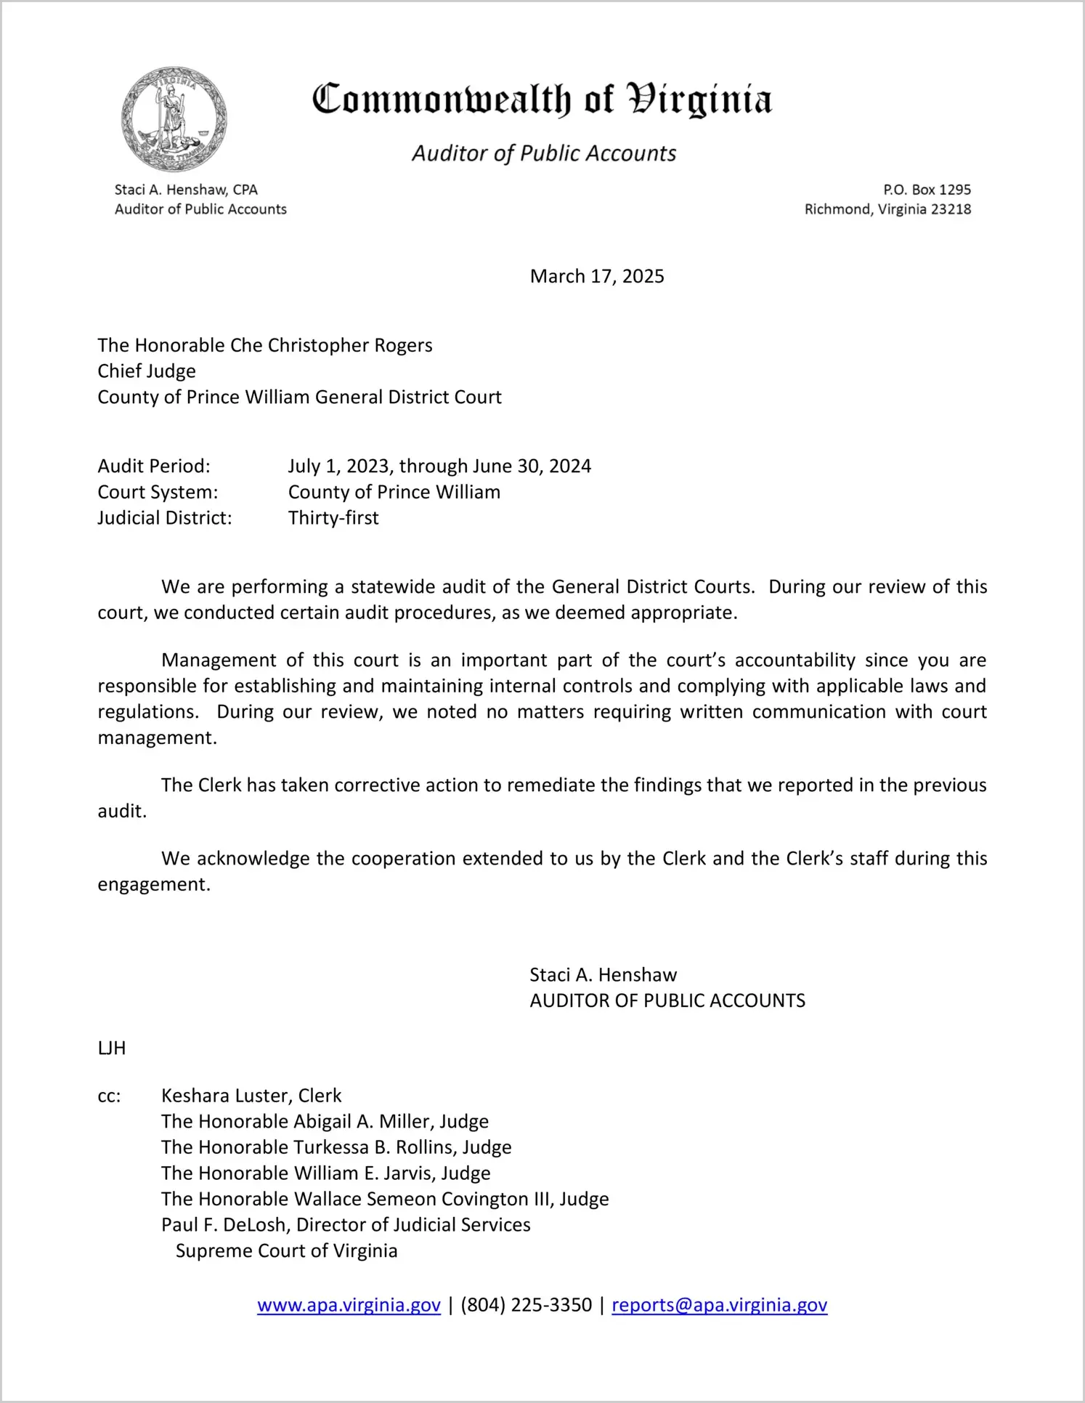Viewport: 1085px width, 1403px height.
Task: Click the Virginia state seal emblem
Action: click(174, 119)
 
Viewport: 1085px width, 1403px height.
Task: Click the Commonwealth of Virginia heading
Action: click(542, 100)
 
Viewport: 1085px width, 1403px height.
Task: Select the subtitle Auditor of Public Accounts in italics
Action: click(544, 153)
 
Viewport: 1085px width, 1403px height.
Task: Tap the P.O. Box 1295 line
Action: click(927, 190)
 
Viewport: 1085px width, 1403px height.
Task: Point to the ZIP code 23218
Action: click(951, 209)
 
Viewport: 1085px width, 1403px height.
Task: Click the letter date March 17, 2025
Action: click(597, 276)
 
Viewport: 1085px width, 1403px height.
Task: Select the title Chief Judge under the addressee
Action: click(147, 371)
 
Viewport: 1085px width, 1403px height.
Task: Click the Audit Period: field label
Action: click(154, 466)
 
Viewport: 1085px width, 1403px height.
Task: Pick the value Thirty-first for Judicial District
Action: click(333, 518)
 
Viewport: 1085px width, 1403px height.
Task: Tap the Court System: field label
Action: click(158, 492)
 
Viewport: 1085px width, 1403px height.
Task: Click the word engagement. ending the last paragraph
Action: click(154, 884)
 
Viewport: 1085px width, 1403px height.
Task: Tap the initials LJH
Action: click(112, 1048)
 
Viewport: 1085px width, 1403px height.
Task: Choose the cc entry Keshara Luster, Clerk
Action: click(251, 1096)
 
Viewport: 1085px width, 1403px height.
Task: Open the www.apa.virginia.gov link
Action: click(349, 1305)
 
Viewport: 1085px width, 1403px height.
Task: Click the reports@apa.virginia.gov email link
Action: click(719, 1305)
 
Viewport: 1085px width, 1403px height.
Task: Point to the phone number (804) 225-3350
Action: click(526, 1305)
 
